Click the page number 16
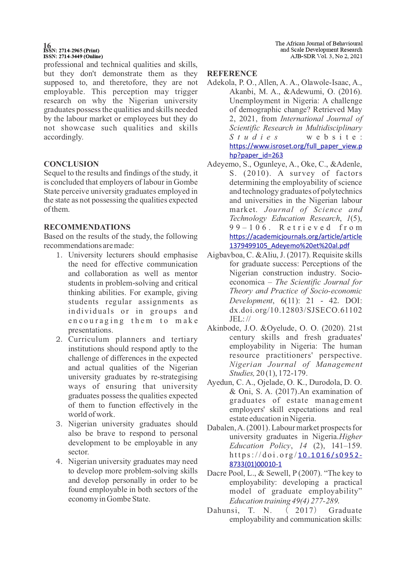(x=47, y=45)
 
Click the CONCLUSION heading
(x=71, y=164)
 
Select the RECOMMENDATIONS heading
(x=87, y=227)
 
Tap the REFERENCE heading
(x=232, y=74)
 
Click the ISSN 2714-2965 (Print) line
(x=71, y=51)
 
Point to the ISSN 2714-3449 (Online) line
(x=73, y=56)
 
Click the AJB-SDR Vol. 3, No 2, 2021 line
(x=326, y=56)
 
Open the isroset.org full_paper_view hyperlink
(x=295, y=146)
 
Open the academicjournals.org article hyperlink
(x=295, y=237)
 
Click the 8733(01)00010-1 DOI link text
(x=255, y=464)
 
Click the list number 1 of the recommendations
(x=59, y=255)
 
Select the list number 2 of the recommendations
(x=59, y=339)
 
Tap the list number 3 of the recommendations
(x=59, y=424)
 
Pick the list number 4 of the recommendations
(x=59, y=462)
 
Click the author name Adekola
(x=219, y=83)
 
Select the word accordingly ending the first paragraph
(x=63, y=137)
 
